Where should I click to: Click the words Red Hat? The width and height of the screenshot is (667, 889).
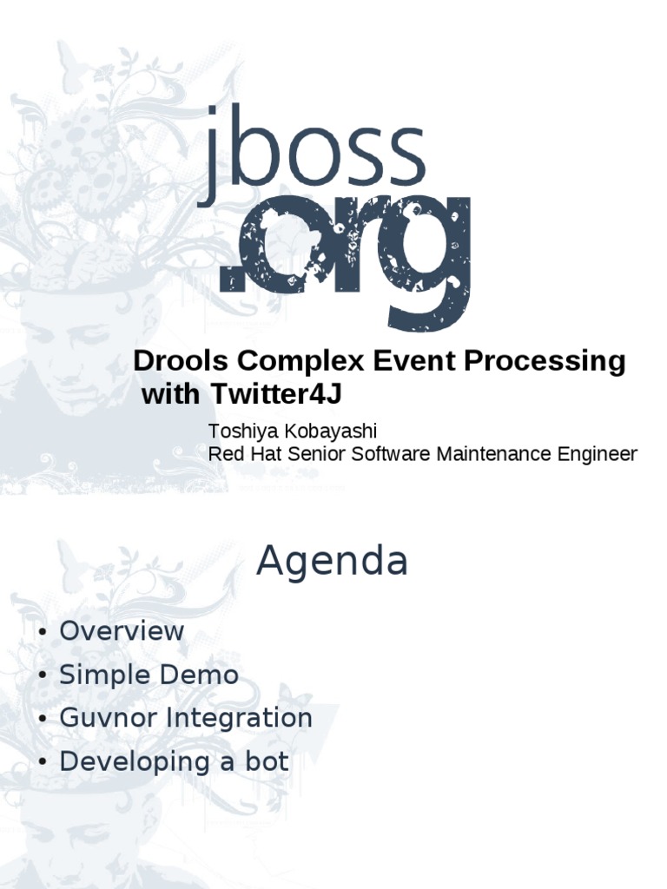click(240, 453)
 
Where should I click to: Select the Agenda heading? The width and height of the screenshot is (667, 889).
click(332, 562)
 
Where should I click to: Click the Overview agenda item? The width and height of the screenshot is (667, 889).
click(122, 630)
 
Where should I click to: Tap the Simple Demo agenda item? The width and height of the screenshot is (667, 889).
click(149, 675)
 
